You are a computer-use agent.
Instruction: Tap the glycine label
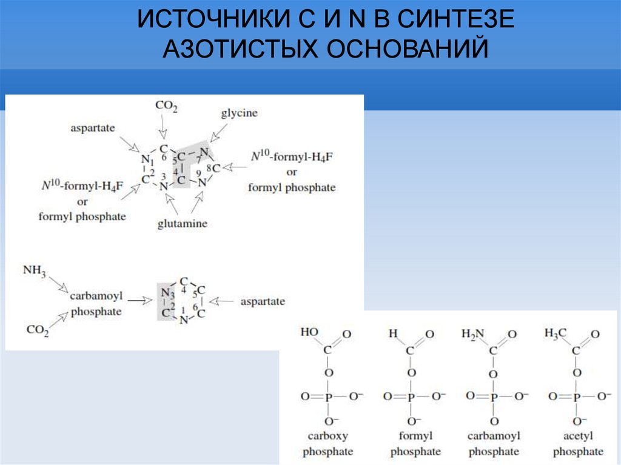[239, 113]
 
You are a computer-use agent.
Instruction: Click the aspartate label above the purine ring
[92, 128]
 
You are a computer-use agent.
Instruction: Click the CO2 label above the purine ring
[166, 106]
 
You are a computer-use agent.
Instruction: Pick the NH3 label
[35, 270]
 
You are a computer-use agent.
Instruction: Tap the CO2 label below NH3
[38, 330]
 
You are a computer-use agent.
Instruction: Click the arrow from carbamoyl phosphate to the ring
[140, 299]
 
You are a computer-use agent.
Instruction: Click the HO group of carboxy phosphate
[309, 333]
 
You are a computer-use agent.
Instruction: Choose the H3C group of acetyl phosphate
[555, 333]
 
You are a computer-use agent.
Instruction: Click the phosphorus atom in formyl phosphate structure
[411, 396]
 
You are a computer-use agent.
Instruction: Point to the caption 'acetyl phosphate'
[577, 444]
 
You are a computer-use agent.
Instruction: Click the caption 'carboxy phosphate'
[327, 444]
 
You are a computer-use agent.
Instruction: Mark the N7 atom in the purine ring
[204, 152]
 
